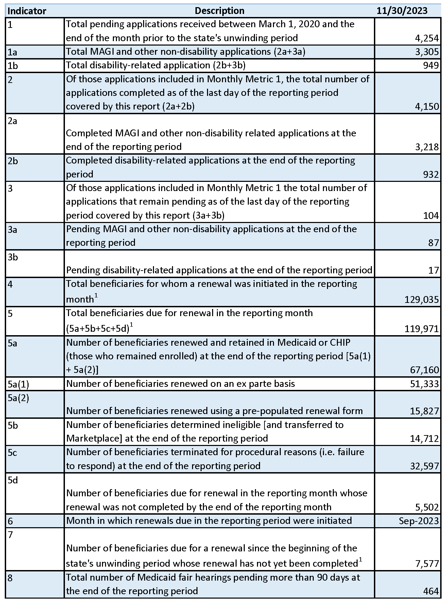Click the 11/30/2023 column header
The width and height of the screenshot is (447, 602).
[402, 11]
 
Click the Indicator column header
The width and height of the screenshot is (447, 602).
[27, 11]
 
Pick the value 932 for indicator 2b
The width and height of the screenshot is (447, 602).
[431, 175]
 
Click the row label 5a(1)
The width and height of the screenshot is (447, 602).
[18, 384]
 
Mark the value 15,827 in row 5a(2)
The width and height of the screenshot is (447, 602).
[424, 411]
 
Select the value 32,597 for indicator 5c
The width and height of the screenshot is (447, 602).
[424, 466]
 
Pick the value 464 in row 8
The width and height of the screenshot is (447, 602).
[431, 591]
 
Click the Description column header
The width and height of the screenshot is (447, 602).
[219, 11]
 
